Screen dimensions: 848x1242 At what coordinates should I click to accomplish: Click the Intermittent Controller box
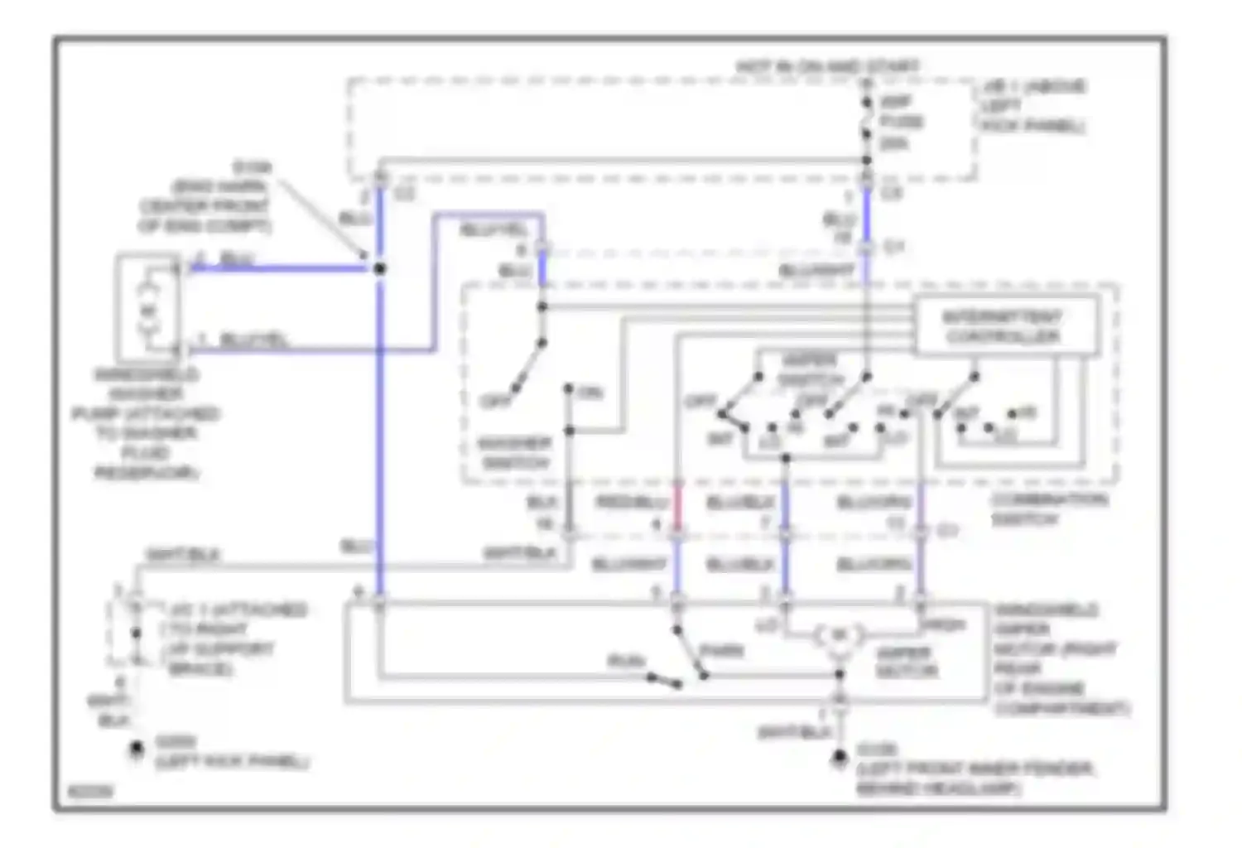coord(1006,327)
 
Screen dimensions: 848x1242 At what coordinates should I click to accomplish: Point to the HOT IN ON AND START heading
coord(827,66)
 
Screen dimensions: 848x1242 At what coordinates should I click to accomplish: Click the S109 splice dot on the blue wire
coord(379,268)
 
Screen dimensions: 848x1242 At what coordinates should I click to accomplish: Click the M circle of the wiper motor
coord(839,636)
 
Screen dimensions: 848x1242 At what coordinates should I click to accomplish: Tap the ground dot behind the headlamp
coord(839,756)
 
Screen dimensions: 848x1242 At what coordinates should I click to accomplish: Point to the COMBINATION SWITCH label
coord(1049,509)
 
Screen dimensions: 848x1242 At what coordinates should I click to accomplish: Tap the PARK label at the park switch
coord(721,650)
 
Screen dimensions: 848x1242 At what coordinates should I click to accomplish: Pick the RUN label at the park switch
coord(626,661)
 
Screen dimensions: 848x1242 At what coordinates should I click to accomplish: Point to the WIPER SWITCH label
coord(809,370)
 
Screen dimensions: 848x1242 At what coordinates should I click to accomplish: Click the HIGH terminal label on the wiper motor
coord(944,625)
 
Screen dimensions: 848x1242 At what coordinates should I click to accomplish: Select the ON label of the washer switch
coord(590,393)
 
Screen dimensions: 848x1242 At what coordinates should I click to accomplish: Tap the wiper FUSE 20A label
coord(899,123)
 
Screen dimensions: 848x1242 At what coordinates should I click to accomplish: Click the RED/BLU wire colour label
coord(632,503)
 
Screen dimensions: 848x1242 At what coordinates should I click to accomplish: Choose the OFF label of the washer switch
coord(496,402)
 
